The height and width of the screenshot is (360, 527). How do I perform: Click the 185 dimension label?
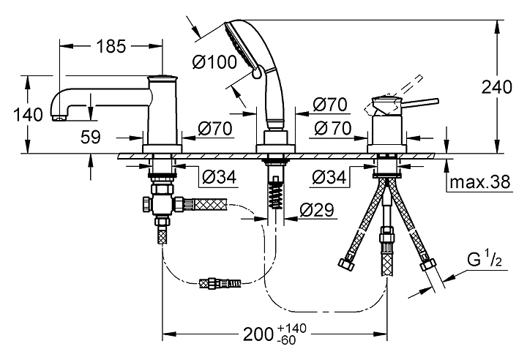click(111, 46)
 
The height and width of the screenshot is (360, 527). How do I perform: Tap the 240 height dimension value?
click(497, 87)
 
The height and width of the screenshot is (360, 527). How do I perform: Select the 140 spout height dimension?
click(29, 115)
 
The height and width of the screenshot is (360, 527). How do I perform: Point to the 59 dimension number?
click(91, 137)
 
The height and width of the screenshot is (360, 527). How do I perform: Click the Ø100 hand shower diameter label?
click(214, 62)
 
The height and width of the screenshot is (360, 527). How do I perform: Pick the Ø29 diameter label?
click(317, 210)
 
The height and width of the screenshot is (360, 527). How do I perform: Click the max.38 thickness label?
click(480, 182)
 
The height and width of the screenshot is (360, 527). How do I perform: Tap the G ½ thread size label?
click(485, 260)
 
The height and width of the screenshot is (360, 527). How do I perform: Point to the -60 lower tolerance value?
click(287, 340)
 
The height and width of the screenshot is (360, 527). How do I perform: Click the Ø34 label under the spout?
click(220, 176)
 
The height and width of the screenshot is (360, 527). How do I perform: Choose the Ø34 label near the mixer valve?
click(329, 177)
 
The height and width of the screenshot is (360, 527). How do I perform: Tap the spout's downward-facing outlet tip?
click(60, 118)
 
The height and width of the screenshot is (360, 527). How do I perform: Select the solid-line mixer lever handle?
click(420, 102)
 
